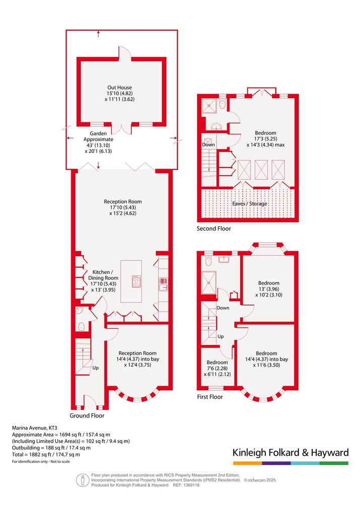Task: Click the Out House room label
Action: [119, 88]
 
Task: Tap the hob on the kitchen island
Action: [136, 281]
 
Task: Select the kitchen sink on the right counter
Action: [163, 284]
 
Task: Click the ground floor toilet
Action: [81, 326]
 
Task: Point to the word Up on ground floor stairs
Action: [96, 368]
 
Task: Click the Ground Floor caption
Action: [87, 415]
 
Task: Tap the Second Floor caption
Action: [213, 229]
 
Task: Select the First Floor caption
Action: [210, 397]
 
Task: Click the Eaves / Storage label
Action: [250, 204]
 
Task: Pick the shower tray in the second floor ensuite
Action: [209, 106]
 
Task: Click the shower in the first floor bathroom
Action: [209, 282]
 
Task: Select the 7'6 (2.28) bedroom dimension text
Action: [218, 368]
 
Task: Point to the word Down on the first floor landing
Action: [223, 308]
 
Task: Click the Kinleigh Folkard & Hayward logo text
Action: [291, 453]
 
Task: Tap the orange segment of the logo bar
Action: [248, 463]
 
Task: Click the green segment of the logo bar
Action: [334, 463]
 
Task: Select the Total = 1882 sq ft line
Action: [46, 455]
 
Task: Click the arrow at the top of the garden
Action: [99, 34]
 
